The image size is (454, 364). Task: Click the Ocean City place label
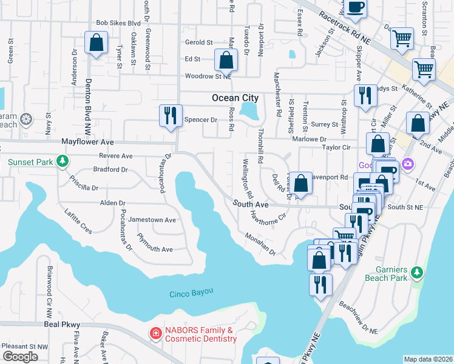[235, 98]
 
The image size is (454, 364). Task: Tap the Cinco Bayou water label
[191, 292]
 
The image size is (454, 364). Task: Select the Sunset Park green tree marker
[61, 161]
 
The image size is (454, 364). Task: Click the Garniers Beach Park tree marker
[416, 272]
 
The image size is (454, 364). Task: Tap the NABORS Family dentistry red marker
[155, 334]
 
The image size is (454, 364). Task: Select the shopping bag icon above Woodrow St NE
[226, 61]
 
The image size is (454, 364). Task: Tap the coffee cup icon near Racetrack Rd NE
[356, 7]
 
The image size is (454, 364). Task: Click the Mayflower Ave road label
[88, 141]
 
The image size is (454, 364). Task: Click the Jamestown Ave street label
[156, 220]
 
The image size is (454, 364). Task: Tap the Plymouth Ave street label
[155, 244]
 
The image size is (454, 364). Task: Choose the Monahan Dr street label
[260, 244]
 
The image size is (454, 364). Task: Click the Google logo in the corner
[20, 356]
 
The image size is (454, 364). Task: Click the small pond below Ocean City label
[248, 110]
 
